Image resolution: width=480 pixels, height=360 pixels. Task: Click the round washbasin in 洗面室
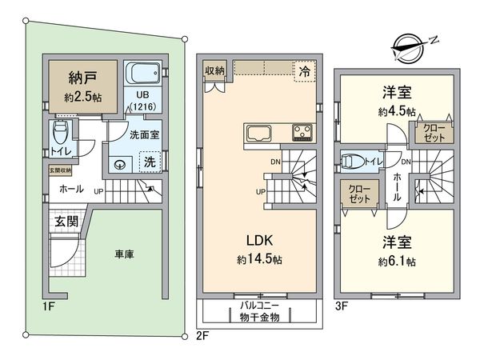121,166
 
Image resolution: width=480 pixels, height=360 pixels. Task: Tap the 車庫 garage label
125,254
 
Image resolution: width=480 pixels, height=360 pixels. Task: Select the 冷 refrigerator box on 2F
304,70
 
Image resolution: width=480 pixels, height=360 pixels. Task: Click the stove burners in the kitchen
302,132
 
